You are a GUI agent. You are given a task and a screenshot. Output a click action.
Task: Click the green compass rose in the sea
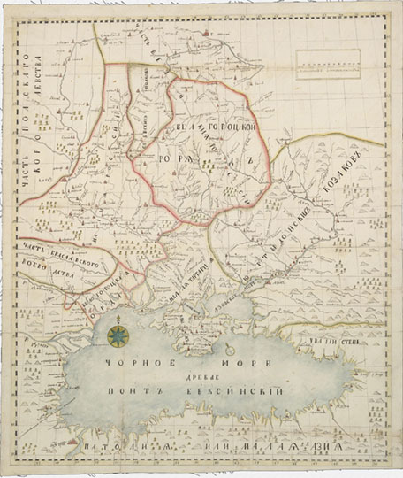coord(118,335)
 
